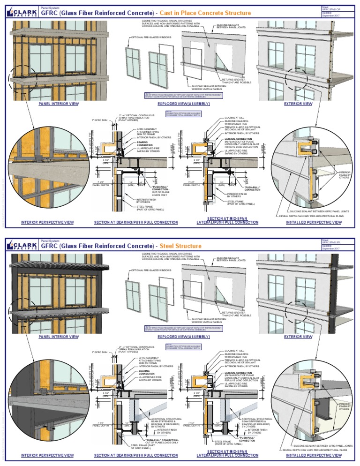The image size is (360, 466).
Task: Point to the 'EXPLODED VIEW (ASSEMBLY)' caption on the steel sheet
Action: (x=183, y=337)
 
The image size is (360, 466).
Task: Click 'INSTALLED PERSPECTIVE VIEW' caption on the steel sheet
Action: (x=314, y=455)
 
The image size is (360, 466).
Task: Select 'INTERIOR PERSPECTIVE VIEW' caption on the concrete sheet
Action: (x=47, y=222)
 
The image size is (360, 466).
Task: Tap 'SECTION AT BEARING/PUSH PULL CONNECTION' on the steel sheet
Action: (x=136, y=455)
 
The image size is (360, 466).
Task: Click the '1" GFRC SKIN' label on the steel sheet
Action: (x=99, y=352)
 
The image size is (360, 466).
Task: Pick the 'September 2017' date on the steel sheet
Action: (x=332, y=248)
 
